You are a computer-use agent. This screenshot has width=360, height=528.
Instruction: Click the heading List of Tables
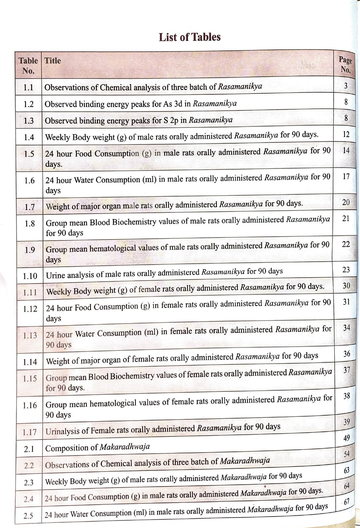tap(190, 37)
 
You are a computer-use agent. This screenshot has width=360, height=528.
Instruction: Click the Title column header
tap(53, 61)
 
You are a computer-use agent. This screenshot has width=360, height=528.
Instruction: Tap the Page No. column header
tap(345, 65)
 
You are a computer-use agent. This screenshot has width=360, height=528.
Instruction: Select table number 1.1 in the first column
tap(29, 87)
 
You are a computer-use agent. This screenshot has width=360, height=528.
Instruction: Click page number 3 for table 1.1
tap(346, 86)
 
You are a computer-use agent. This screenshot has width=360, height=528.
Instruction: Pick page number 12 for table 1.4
tap(346, 134)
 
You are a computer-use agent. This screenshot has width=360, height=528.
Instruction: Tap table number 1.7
tap(30, 207)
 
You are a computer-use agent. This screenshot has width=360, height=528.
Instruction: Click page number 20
tap(346, 202)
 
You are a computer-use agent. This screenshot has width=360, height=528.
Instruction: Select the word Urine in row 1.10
tap(54, 275)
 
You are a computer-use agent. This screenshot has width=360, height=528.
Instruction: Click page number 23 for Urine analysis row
tap(346, 269)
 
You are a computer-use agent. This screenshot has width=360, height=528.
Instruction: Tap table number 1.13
tap(30, 335)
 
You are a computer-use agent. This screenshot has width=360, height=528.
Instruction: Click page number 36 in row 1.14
tap(347, 354)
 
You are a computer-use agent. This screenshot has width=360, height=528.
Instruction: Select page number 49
tap(347, 438)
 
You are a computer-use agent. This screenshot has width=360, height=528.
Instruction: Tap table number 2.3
tap(29, 483)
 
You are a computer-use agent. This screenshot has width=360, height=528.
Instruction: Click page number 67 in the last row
tap(347, 502)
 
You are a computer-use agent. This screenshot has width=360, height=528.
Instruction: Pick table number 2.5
tap(28, 516)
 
